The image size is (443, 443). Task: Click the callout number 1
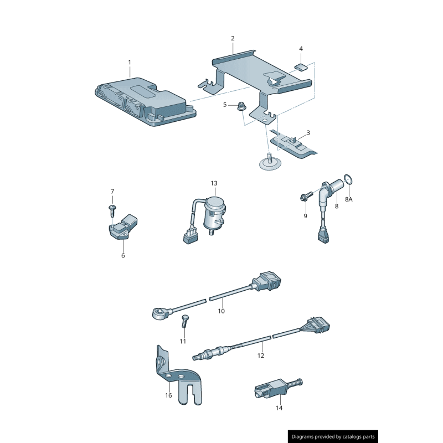tap(130, 62)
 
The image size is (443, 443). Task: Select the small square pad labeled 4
tap(301, 68)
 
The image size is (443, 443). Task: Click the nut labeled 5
tap(241, 106)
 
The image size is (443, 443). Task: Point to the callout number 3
tap(308, 132)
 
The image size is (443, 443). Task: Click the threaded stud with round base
tap(270, 162)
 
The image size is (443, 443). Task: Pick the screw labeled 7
tap(112, 210)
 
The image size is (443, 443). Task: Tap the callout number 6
tap(123, 255)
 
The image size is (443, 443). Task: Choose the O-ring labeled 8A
tap(348, 179)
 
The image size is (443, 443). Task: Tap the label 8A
tap(349, 199)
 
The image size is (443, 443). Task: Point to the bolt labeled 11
tap(185, 321)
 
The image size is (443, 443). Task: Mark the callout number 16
tap(168, 395)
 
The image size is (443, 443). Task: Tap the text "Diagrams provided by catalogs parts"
tap(333, 437)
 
